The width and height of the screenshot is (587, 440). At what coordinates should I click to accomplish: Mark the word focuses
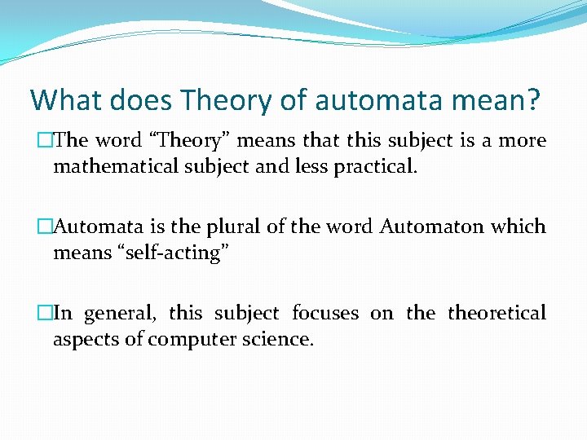pyautogui.click(x=325, y=313)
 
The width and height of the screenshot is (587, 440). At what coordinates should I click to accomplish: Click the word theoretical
pyautogui.click(x=497, y=313)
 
